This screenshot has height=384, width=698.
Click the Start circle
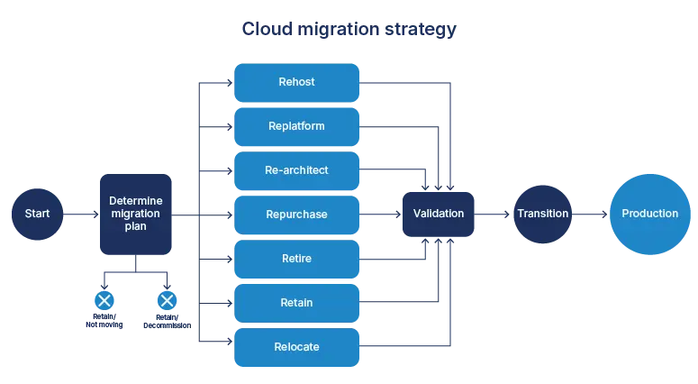(x=37, y=215)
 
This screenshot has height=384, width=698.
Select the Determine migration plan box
(x=133, y=214)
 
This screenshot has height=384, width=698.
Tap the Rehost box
(x=296, y=82)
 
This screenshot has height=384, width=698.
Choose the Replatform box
(x=296, y=126)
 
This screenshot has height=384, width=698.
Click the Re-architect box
(x=296, y=170)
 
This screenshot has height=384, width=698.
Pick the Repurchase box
(x=296, y=215)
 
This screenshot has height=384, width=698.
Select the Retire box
(x=296, y=259)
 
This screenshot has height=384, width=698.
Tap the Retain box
(x=296, y=303)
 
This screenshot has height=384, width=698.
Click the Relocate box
(x=296, y=347)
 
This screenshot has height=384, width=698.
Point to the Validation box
(x=438, y=214)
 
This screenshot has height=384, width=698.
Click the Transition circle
(x=542, y=214)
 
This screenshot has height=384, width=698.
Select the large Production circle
(x=649, y=214)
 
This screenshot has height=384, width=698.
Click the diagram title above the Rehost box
(x=349, y=29)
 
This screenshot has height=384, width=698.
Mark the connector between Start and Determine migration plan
(x=80, y=215)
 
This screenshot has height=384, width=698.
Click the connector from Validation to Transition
(x=494, y=215)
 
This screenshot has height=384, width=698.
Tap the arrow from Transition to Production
(x=590, y=215)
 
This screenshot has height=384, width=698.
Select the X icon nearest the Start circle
(x=104, y=300)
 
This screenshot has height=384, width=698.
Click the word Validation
(x=438, y=214)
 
